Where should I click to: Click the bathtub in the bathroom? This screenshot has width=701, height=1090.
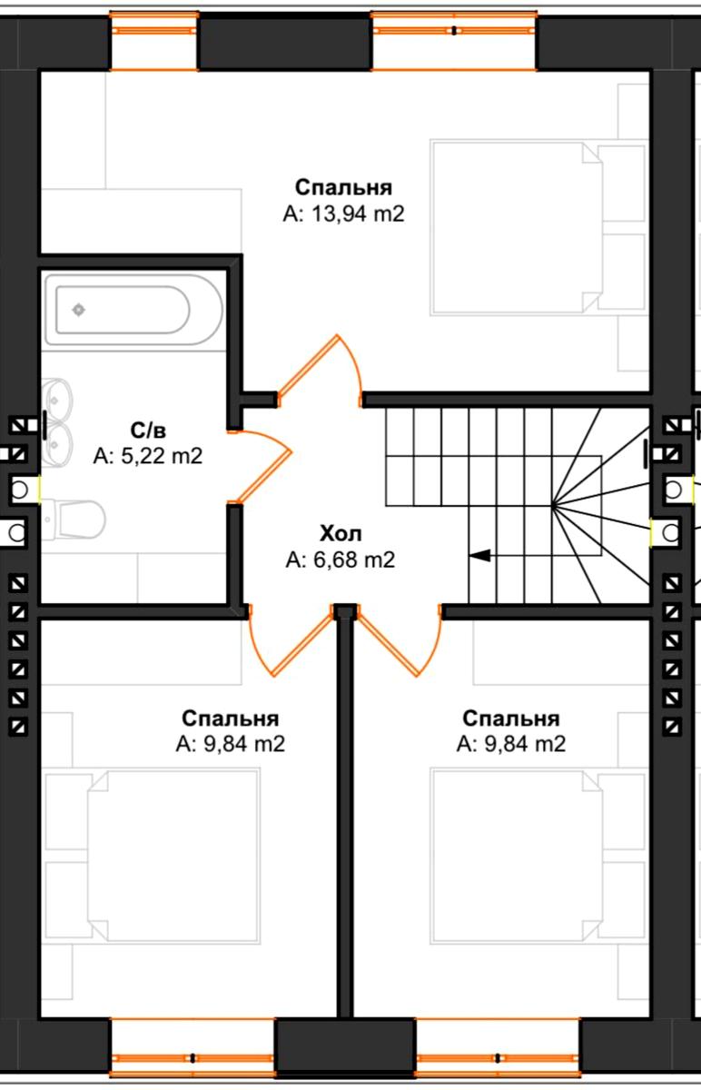click(x=133, y=309)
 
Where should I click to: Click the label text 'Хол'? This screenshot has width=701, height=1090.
click(x=340, y=533)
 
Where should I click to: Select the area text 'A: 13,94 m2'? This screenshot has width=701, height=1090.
click(x=343, y=213)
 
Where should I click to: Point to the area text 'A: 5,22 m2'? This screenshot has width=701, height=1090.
click(x=148, y=455)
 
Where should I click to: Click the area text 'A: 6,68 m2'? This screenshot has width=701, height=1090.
click(x=340, y=560)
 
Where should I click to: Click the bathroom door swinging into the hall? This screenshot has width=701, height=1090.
click(x=262, y=466)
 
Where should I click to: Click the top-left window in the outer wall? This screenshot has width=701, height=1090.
click(x=153, y=41)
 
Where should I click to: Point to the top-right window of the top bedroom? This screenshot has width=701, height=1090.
click(x=454, y=41)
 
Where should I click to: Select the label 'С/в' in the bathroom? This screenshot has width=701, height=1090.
click(x=148, y=430)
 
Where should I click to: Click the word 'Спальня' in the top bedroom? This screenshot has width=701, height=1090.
click(x=343, y=187)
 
